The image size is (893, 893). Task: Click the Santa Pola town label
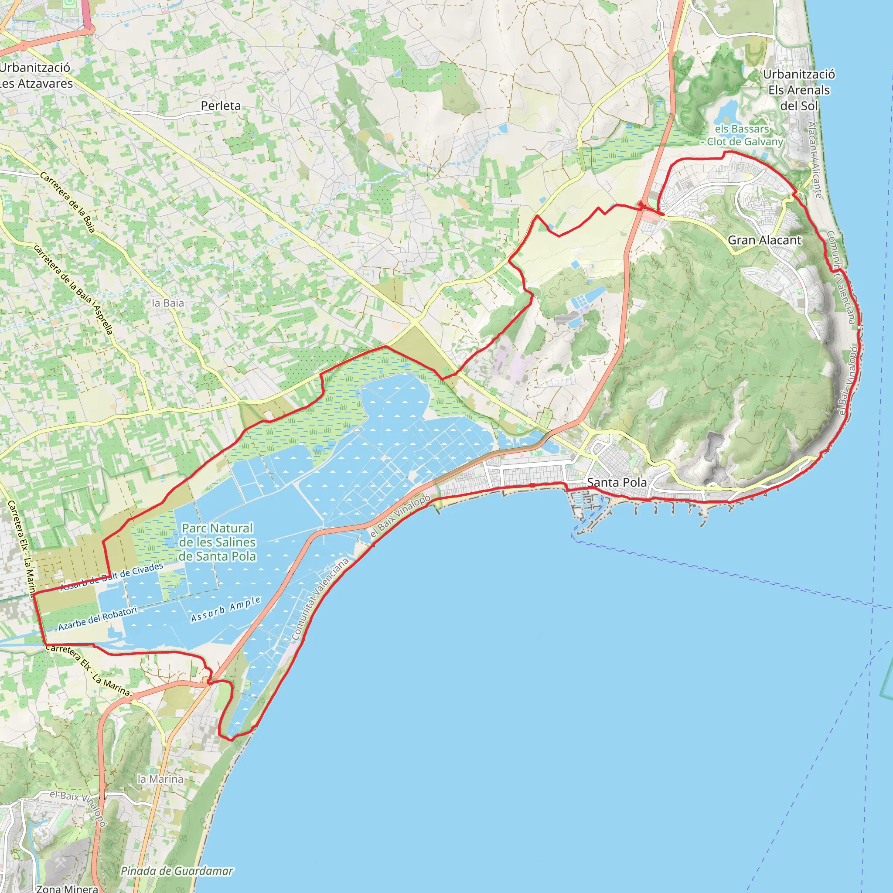click(x=617, y=482)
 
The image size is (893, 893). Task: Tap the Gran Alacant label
click(x=764, y=240)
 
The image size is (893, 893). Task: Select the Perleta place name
click(x=221, y=106)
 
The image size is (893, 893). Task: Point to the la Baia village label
click(x=168, y=303)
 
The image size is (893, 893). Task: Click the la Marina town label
click(x=160, y=779)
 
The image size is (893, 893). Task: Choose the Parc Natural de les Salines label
click(x=217, y=542)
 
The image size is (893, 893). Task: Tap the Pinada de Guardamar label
click(x=177, y=871)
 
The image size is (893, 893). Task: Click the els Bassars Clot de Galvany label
click(x=744, y=136)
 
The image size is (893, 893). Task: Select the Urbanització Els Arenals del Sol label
click(x=799, y=90)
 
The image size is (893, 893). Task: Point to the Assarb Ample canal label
click(x=226, y=609)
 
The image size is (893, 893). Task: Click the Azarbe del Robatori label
click(x=98, y=619)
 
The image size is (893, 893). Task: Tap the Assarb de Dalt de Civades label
click(x=112, y=576)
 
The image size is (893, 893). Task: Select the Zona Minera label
click(x=67, y=888)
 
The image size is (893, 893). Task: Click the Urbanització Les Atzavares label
click(x=36, y=75)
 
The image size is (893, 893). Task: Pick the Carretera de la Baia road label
click(x=68, y=202)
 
